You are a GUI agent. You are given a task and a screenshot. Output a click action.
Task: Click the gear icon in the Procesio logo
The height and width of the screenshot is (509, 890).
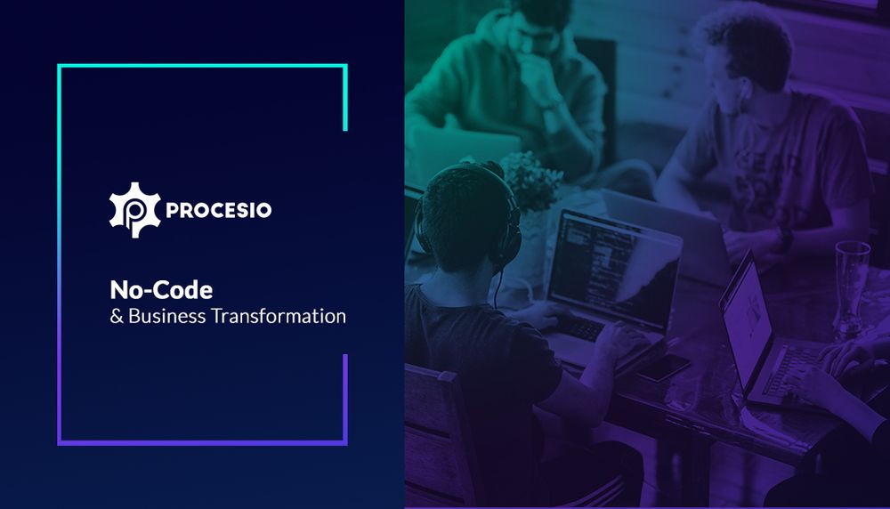tap(133, 210)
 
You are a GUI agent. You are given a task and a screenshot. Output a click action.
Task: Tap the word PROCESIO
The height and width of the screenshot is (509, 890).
tap(218, 211)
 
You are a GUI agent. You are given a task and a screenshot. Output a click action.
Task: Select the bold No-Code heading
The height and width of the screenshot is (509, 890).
tap(161, 289)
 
